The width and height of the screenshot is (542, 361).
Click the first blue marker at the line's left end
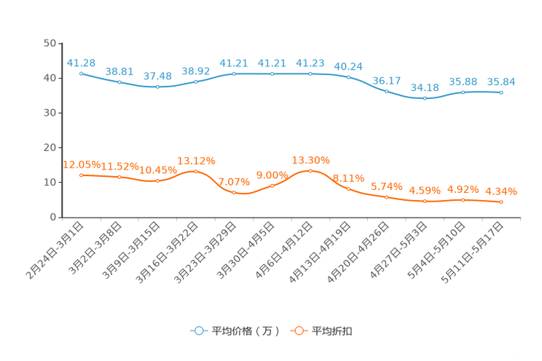(x=81, y=73)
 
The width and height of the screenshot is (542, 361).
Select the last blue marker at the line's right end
(x=501, y=93)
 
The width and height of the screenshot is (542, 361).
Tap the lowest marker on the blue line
(x=425, y=99)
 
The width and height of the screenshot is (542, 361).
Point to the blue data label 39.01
(x=119, y=71)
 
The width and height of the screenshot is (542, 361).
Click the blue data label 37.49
(x=157, y=76)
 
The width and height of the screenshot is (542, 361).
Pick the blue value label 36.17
(x=386, y=80)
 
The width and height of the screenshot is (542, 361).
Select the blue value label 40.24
(x=348, y=66)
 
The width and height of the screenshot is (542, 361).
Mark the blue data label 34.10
(x=425, y=87)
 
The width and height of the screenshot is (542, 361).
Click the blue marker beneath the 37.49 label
(x=157, y=87)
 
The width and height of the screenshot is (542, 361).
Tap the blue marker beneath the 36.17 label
(x=386, y=91)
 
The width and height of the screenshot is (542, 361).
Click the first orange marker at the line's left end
(x=81, y=175)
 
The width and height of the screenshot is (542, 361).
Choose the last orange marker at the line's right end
(x=501, y=202)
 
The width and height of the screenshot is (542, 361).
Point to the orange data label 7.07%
(x=234, y=182)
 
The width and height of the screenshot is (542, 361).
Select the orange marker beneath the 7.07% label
(x=234, y=193)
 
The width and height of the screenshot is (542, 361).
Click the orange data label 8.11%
(x=348, y=178)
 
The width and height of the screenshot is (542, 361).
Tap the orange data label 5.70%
(x=386, y=186)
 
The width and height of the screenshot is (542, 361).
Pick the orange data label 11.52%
(x=119, y=167)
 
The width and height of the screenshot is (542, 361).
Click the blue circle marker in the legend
(x=198, y=330)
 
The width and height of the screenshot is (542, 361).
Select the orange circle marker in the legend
(x=299, y=330)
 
